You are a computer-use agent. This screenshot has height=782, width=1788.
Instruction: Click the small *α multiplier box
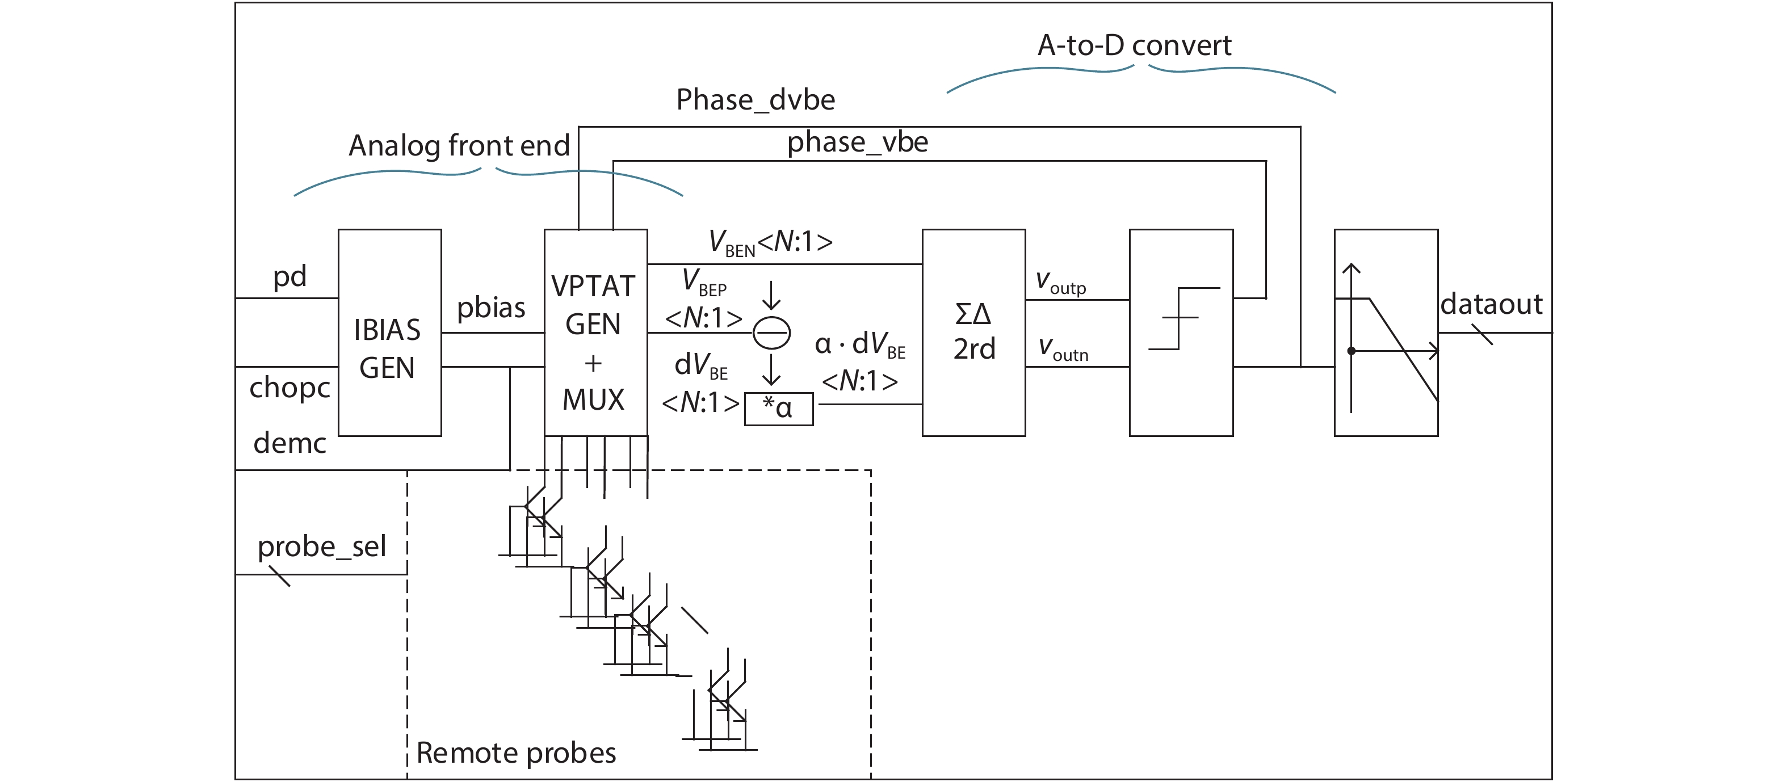(x=778, y=409)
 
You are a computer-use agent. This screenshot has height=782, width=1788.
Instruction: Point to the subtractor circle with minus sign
(x=771, y=333)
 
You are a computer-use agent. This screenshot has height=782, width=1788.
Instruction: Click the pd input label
(x=289, y=276)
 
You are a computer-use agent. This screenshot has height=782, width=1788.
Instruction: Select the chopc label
(x=289, y=387)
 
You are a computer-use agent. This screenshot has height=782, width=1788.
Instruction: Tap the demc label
(x=289, y=443)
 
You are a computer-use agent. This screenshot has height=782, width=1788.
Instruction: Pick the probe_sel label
(x=321, y=546)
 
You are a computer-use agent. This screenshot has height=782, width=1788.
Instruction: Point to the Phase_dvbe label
(x=755, y=100)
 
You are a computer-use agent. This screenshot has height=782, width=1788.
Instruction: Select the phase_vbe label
(x=857, y=142)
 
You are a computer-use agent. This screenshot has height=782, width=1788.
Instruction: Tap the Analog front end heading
(x=459, y=146)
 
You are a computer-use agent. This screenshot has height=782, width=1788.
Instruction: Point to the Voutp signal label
(x=1060, y=283)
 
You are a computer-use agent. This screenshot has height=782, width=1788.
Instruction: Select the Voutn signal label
(x=1063, y=350)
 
